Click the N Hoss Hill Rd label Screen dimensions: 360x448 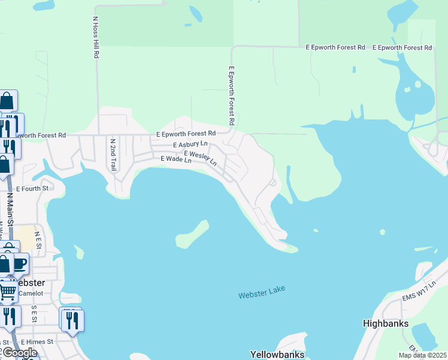(x=95, y=37)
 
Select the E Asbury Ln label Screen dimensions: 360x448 (x=189, y=145)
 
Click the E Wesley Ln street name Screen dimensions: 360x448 (x=200, y=158)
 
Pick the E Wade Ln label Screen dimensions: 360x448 (x=175, y=160)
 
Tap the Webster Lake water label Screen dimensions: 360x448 (x=261, y=292)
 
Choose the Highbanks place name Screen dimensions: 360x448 (x=386, y=323)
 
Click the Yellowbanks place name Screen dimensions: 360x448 (x=277, y=355)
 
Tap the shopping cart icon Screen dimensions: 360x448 (x=7, y=292)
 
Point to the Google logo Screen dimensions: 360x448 (x=19, y=353)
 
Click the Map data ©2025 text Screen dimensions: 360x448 (x=422, y=355)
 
